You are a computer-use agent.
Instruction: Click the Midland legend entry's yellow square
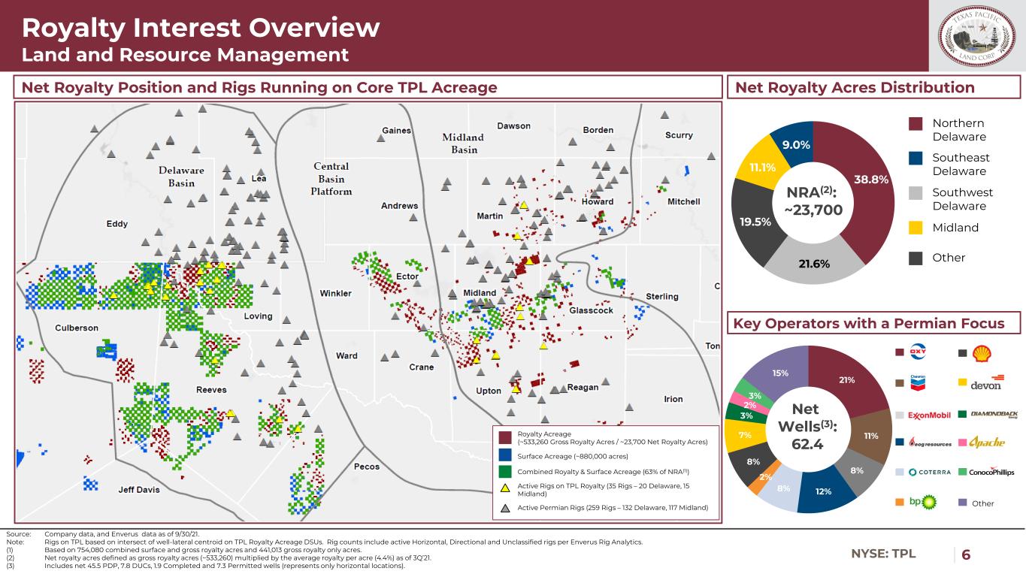916,228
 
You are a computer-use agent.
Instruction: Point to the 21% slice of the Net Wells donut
847,380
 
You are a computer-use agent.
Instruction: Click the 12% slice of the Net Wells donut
824,491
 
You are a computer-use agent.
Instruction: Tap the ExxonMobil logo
930,415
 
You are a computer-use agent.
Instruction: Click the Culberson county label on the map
77,328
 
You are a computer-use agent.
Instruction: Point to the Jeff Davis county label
139,490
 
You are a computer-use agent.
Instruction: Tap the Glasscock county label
592,310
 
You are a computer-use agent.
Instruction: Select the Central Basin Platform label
331,178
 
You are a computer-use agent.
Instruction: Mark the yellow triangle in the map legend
505,488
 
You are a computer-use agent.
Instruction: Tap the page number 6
966,554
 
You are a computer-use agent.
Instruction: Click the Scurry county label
679,135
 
